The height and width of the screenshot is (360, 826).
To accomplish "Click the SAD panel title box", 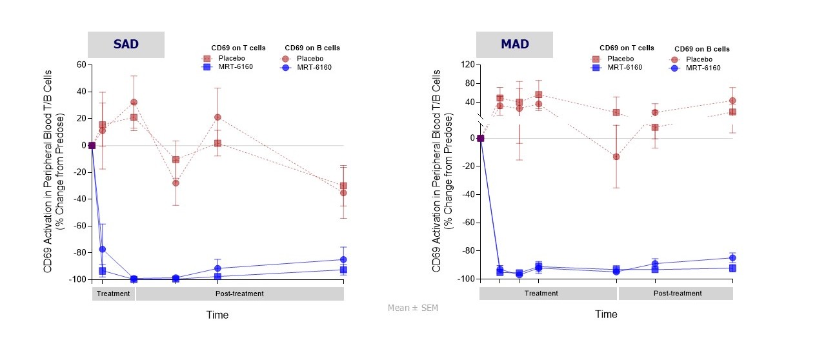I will (x=126, y=45).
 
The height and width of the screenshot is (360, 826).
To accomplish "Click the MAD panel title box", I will (x=514, y=45).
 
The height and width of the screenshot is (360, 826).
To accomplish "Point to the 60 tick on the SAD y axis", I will (x=82, y=65).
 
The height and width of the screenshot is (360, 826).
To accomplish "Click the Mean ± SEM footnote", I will (x=413, y=308).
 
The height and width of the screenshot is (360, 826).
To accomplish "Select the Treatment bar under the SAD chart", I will (x=113, y=294).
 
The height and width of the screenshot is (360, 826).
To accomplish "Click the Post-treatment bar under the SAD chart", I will (x=239, y=294).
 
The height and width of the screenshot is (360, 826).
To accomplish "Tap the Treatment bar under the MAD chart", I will (x=541, y=294).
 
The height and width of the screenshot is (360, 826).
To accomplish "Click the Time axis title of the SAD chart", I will (x=217, y=315).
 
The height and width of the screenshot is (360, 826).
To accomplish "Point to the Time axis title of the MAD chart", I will (x=605, y=314).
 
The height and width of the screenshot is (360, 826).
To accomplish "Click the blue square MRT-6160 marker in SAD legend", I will (x=206, y=67).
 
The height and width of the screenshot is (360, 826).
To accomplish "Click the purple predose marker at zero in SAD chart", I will (x=92, y=145).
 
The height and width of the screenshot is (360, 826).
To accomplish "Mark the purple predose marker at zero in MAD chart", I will (x=480, y=138).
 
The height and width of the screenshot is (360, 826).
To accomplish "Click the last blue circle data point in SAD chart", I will (x=343, y=259).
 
